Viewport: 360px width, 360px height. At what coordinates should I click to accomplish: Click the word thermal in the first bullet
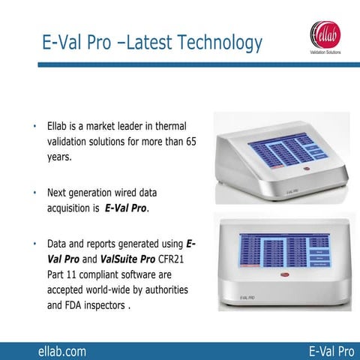tap(169, 124)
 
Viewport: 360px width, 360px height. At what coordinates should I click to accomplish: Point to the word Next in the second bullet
tap(58, 191)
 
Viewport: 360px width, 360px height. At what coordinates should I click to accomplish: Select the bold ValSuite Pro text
tap(127, 259)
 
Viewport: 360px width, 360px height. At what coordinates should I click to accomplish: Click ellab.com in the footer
tap(62, 350)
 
